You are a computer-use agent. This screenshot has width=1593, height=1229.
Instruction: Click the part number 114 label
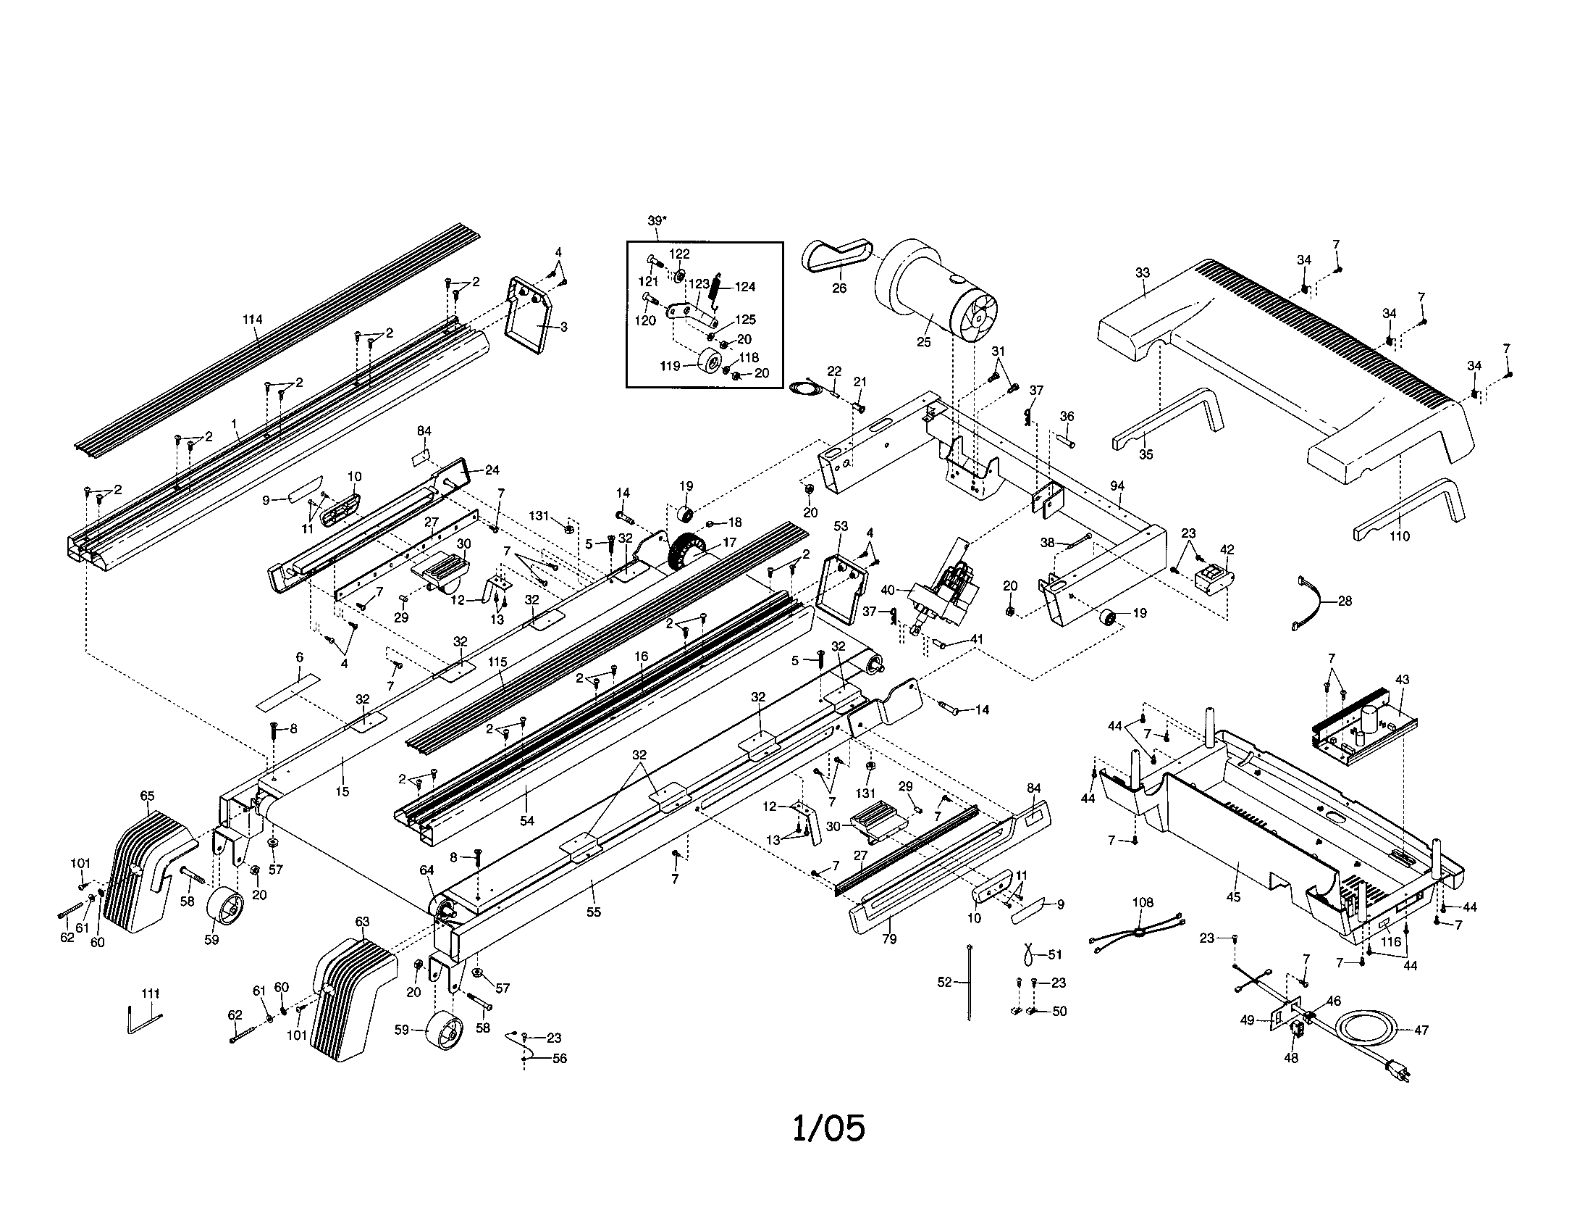click(x=253, y=319)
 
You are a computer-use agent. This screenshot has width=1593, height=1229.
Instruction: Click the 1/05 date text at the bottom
click(x=828, y=1128)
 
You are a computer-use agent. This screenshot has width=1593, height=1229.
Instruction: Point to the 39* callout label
click(x=656, y=220)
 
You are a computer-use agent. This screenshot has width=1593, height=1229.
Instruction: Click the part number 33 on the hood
click(x=1142, y=273)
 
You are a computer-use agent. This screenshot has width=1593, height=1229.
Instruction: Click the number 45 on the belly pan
click(x=1232, y=897)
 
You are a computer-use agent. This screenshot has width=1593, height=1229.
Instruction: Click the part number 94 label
click(x=1117, y=486)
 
